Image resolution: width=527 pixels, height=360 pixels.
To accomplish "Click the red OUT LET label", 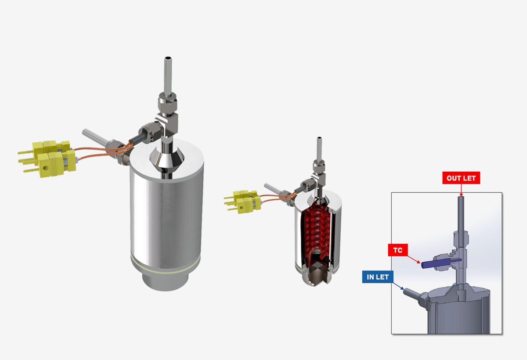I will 461,178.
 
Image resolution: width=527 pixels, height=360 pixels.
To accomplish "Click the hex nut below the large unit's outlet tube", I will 167,102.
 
